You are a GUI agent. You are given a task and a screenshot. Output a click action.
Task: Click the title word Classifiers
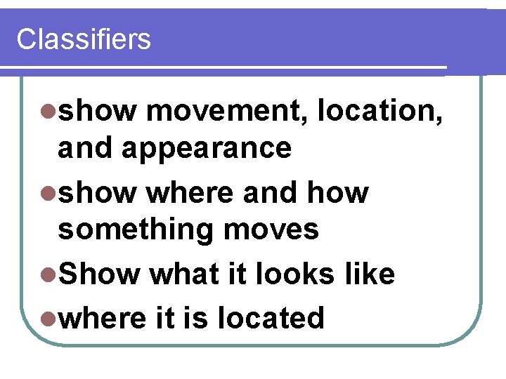click(x=83, y=39)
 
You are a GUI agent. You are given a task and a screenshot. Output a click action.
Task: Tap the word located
click(x=271, y=318)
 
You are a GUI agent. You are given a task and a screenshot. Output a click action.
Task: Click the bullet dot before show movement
click(x=48, y=111)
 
